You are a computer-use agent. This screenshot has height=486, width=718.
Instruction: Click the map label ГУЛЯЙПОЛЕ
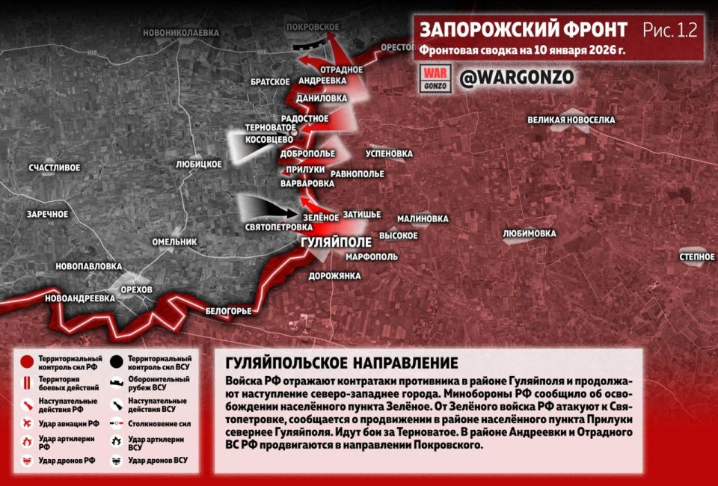[x=335, y=243]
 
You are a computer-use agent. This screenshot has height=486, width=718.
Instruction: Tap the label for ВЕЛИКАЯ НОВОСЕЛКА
[x=571, y=120]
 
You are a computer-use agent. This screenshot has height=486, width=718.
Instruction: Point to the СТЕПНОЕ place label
[x=697, y=257]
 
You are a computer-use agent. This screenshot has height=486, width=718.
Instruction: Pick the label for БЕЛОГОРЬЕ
[x=229, y=311]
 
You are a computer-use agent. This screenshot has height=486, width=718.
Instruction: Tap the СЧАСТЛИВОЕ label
[x=55, y=167]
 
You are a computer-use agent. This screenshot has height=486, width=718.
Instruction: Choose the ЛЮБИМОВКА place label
[x=530, y=233]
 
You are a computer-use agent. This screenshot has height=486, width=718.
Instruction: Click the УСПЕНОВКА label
[x=389, y=154]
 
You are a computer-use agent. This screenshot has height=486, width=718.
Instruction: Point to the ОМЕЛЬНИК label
[x=174, y=242]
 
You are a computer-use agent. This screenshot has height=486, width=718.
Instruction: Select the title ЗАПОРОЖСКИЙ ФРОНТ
[x=524, y=30]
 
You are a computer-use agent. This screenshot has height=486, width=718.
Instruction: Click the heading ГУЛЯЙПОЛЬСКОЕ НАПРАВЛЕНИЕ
[x=341, y=363]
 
